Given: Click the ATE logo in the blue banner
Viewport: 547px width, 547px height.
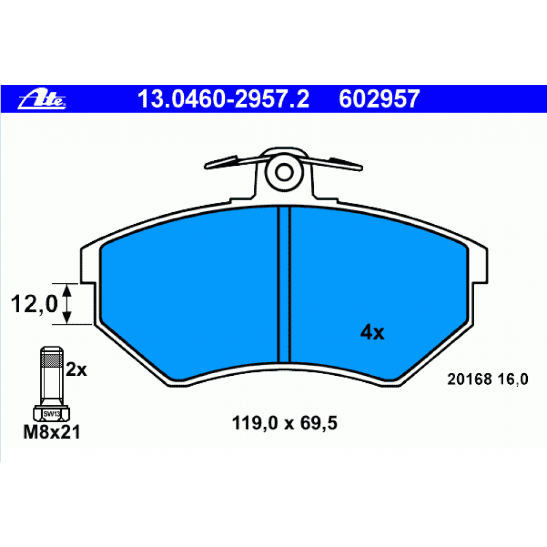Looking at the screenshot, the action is (x=42, y=100).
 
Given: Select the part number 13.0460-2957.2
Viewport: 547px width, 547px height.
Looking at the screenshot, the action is (x=223, y=98).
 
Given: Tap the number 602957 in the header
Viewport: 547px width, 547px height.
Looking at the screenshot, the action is (x=379, y=98).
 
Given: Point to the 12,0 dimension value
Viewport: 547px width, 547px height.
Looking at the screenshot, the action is (x=34, y=304).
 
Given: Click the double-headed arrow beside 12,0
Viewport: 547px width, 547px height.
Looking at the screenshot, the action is (x=67, y=304).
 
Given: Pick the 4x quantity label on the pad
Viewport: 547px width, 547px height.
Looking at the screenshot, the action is (x=372, y=332).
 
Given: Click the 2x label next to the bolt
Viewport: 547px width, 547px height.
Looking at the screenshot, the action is (x=77, y=369).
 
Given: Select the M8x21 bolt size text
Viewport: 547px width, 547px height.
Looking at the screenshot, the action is (x=51, y=432).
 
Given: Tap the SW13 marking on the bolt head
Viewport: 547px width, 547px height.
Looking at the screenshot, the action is (x=51, y=414).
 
